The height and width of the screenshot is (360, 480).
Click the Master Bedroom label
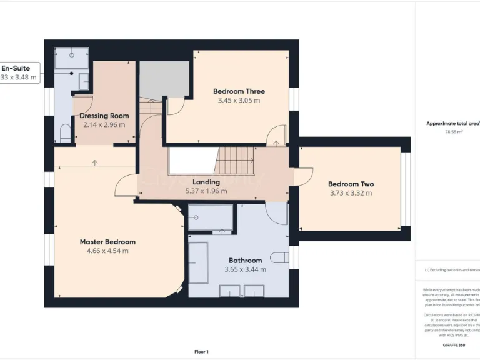pyautogui.click(x=107, y=242)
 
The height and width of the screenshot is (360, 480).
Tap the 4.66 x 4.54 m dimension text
pyautogui.click(x=107, y=251)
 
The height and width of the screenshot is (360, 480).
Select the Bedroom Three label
pyautogui.click(x=239, y=91)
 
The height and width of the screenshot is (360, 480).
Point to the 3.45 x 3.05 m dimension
pyautogui.click(x=239, y=101)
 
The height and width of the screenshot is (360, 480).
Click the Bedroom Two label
pyautogui.click(x=351, y=184)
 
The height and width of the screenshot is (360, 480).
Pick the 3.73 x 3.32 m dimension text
pyautogui.click(x=351, y=193)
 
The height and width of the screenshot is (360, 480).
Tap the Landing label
pyautogui.click(x=206, y=182)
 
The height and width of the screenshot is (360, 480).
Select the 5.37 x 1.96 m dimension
pyautogui.click(x=206, y=191)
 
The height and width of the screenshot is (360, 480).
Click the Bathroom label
pyautogui.click(x=245, y=261)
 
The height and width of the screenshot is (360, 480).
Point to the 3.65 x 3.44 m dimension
pyautogui.click(x=245, y=270)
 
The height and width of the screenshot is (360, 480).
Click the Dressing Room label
pyautogui.click(x=104, y=116)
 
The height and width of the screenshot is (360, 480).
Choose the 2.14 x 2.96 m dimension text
pyautogui.click(x=104, y=125)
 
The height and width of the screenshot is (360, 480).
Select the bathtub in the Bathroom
pyautogui.click(x=198, y=262)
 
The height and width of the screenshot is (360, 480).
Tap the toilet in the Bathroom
pyautogui.click(x=280, y=257)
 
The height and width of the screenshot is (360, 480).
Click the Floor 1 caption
pyautogui.click(x=201, y=352)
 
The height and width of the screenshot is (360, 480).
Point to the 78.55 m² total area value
pyautogui.click(x=453, y=132)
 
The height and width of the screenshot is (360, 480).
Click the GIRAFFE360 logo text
pyautogui.click(x=453, y=345)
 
